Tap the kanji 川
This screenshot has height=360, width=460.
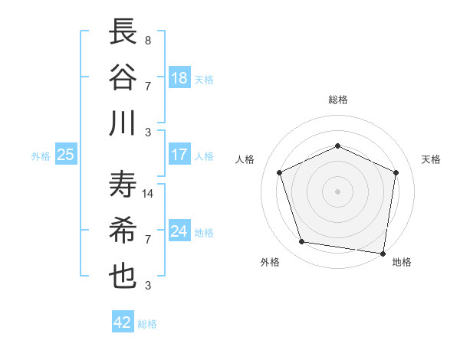click(x=123, y=123)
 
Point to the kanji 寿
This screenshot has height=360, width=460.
click(x=123, y=185)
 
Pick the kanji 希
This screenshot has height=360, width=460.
click(x=123, y=231)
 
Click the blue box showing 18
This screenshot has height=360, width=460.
click(x=179, y=77)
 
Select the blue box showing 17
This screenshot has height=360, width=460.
click(x=179, y=155)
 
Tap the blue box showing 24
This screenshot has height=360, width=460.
click(x=179, y=231)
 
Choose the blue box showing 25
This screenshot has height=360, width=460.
click(x=65, y=155)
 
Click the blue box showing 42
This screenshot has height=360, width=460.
click(x=123, y=322)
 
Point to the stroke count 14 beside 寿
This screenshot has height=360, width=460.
click(x=149, y=194)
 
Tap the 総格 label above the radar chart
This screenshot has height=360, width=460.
click(x=337, y=100)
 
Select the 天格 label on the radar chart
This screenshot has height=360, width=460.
click(x=431, y=159)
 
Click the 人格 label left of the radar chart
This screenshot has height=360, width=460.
click(x=245, y=159)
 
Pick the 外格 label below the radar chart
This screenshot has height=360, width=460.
click(x=270, y=262)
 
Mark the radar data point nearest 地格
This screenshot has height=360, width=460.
click(x=383, y=253)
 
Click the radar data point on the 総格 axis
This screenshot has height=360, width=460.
click(x=337, y=146)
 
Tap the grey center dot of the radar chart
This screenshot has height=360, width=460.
click(x=337, y=191)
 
